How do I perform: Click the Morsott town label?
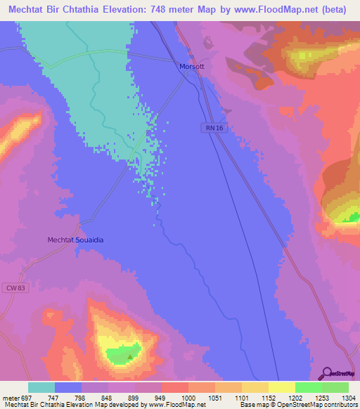click(191, 67)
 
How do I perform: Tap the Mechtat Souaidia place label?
click(75, 240)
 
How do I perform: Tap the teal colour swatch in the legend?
click(41, 387)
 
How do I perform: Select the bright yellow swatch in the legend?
click(281, 387)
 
